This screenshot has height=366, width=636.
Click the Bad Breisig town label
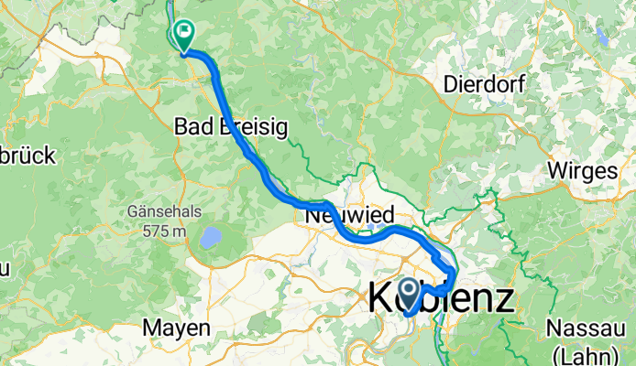[232, 128]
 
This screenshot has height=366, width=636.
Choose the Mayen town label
[177, 327]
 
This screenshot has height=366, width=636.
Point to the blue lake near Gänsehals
[211, 238]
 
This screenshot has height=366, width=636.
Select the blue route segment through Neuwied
[367, 236]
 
